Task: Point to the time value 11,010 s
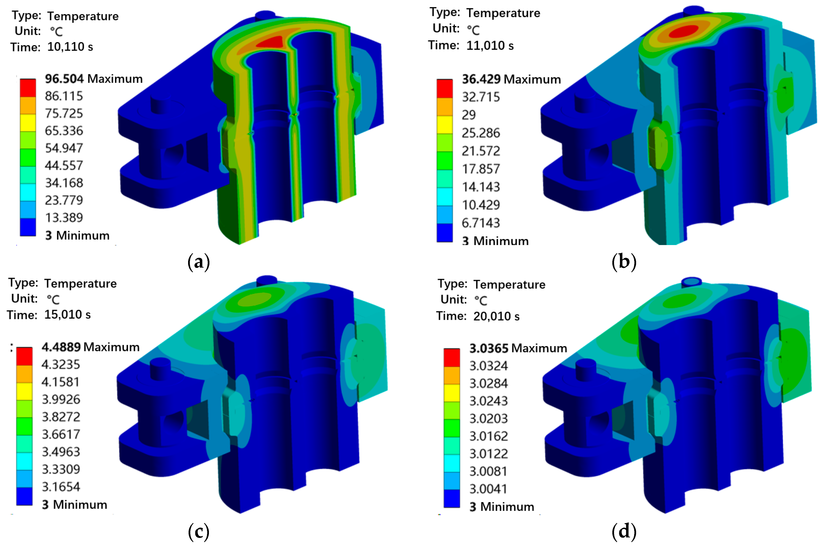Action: pyautogui.click(x=490, y=46)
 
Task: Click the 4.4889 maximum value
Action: pyautogui.click(x=61, y=347)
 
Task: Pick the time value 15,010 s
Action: pyautogui.click(x=67, y=314)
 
